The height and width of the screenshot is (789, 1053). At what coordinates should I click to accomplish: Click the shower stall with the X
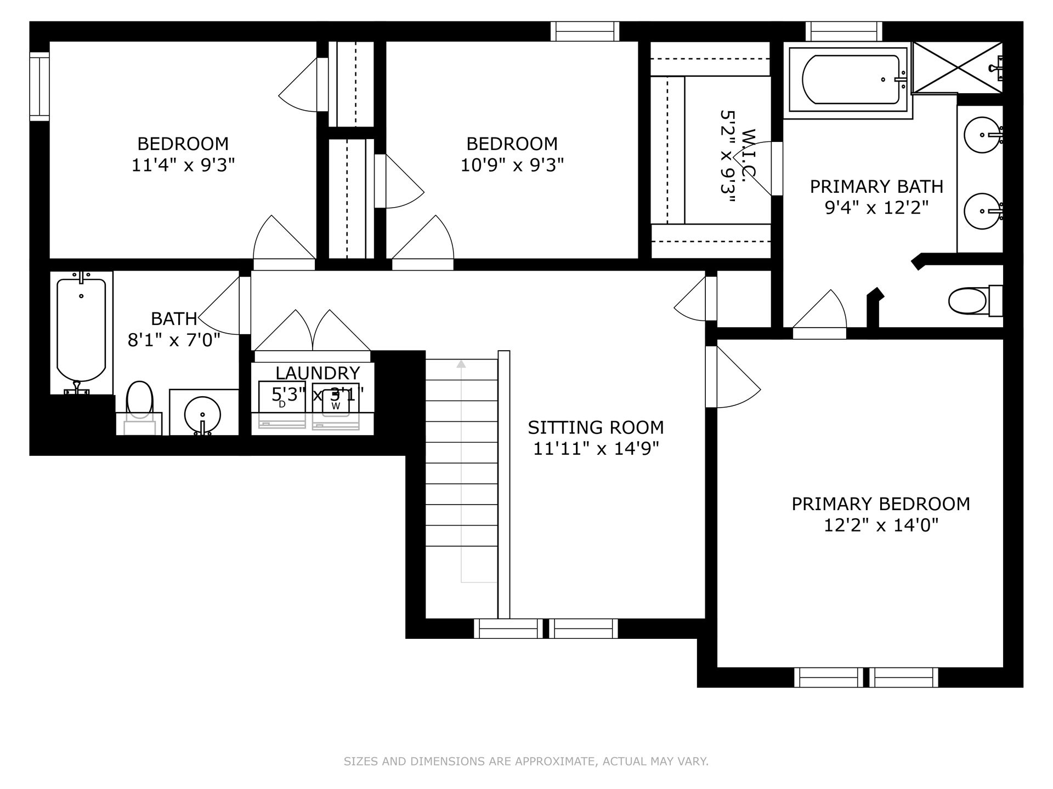pos(957,68)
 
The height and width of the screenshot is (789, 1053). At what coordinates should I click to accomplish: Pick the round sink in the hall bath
pos(202,413)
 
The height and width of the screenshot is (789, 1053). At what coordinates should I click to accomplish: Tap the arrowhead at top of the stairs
pos(461,363)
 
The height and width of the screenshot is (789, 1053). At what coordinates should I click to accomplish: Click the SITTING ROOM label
pos(596,427)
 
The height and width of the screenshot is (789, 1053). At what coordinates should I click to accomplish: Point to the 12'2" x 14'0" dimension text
pos(881,526)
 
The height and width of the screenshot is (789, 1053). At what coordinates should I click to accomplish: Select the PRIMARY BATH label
pos(876,187)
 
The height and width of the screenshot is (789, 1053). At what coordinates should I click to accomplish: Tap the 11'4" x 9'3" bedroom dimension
pos(183,165)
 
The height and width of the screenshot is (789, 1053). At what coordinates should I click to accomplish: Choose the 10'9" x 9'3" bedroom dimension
pos(512,165)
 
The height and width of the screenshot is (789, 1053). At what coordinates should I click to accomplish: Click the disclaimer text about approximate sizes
pos(526,761)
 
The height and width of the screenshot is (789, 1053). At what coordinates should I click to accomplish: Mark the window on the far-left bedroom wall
pos(39,86)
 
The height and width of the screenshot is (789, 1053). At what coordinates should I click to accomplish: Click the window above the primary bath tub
pos(844,31)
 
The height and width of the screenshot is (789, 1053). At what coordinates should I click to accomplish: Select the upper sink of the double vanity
pos(983,135)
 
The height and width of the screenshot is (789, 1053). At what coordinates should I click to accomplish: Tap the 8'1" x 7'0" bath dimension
pos(174,340)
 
